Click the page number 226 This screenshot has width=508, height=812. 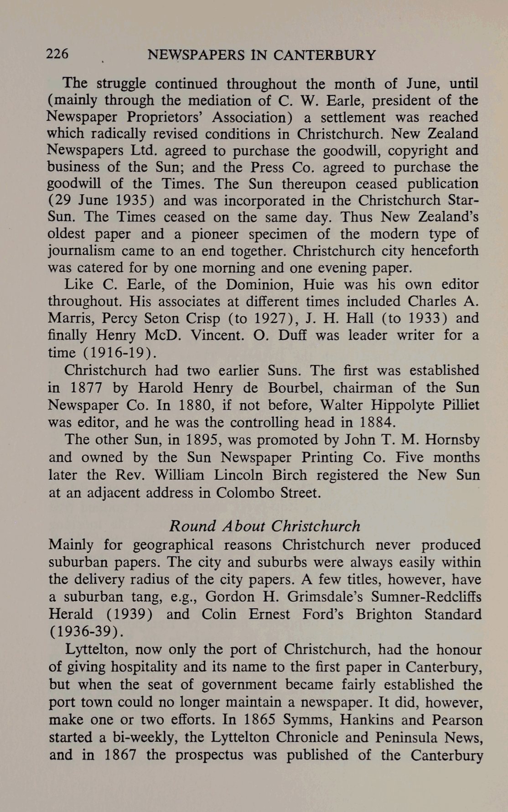tap(57, 54)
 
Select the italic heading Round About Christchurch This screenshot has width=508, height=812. tap(264, 526)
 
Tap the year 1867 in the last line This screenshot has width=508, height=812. tap(120, 755)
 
